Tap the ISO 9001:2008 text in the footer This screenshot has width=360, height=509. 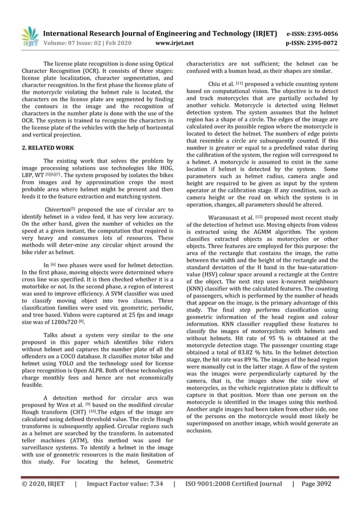coord(213,484)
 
